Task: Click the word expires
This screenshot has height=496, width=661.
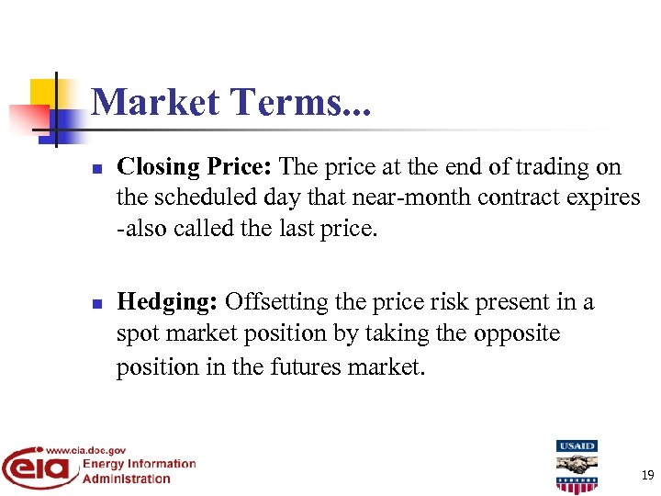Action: tap(606, 197)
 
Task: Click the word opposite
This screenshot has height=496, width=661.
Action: tap(517, 333)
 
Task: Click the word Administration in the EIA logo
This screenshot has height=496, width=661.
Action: tap(127, 479)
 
